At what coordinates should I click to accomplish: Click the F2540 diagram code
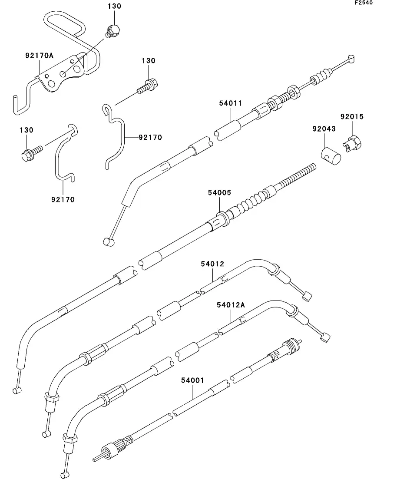[x=364, y=3]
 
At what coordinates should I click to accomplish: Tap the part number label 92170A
[x=39, y=56]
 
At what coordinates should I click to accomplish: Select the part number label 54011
[x=231, y=103]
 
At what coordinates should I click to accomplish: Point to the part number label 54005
[x=219, y=193]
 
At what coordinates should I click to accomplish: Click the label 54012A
[x=231, y=305]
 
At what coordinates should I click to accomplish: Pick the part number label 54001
[x=192, y=380]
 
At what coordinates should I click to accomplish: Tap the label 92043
[x=324, y=129]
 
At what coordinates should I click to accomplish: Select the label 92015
[x=352, y=117]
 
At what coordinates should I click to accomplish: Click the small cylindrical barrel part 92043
[x=331, y=156]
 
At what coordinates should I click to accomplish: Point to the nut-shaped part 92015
[x=352, y=143]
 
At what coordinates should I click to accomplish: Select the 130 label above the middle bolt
[x=149, y=61]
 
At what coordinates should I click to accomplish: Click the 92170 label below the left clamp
[x=63, y=199]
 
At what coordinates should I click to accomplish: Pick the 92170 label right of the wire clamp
[x=150, y=138]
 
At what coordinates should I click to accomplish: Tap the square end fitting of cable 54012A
[x=325, y=337]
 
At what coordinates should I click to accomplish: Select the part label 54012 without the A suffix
[x=212, y=264]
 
